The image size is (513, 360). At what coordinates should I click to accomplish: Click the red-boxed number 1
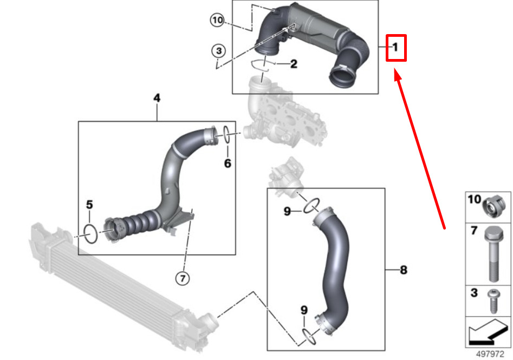395,48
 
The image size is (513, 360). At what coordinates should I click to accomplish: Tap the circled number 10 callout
217,21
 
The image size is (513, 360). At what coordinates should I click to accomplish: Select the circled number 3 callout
218,51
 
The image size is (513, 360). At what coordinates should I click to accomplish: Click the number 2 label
294,64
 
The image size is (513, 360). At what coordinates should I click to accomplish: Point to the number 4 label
157,98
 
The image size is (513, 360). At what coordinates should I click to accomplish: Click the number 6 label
228,162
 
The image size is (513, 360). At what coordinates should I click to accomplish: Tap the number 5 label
90,205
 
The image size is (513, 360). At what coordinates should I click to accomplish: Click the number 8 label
403,269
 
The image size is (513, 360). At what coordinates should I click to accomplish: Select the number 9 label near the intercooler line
304,310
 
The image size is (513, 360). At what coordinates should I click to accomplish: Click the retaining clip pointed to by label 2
262,66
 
